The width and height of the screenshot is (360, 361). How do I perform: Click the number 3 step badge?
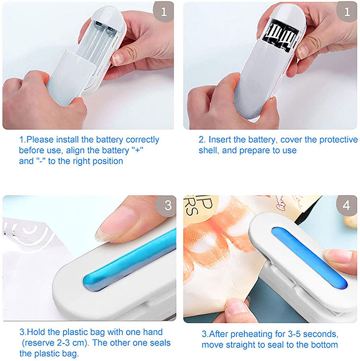(168, 206)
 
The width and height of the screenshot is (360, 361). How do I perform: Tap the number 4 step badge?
(348, 206)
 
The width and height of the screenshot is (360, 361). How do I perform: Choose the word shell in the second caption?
(208, 151)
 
